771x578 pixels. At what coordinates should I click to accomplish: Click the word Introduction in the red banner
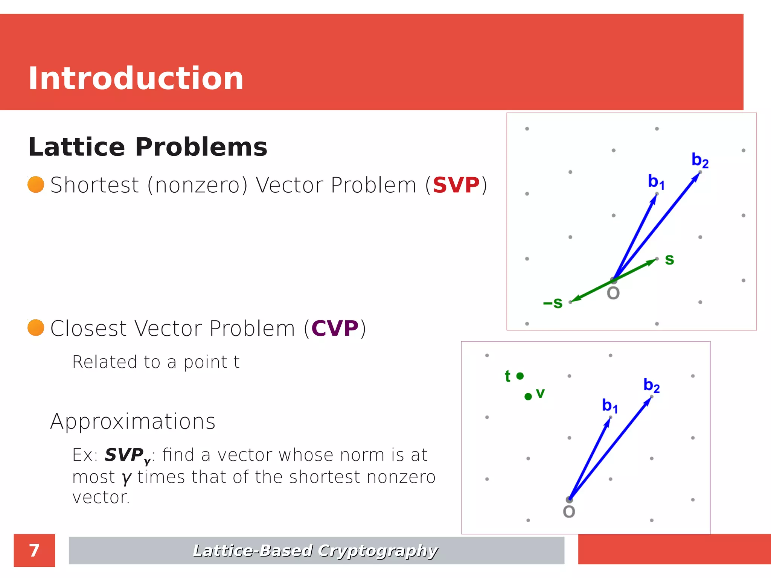point(136,78)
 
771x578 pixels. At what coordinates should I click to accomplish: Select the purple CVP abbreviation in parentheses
point(335,328)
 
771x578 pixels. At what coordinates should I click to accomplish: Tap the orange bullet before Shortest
point(36,184)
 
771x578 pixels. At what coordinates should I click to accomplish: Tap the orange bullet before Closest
point(36,327)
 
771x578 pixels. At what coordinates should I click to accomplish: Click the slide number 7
point(34,550)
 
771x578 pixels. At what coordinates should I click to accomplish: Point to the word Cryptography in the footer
point(378,551)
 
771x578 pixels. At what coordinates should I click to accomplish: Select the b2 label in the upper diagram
point(700,160)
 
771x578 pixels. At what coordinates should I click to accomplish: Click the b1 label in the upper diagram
point(656,182)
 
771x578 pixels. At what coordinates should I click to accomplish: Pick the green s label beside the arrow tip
point(669,259)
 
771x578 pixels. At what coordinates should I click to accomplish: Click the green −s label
point(553,303)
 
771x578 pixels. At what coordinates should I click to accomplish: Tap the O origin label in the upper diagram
point(613,293)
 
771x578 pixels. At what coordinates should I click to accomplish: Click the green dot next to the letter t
point(520,376)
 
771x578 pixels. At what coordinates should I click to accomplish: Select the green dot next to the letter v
point(528,396)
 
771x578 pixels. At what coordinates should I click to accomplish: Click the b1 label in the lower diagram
point(609,406)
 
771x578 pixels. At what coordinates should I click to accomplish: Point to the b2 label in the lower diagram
point(651,385)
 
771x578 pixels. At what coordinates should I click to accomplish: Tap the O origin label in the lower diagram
point(569,512)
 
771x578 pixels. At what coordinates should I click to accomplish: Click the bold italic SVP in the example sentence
point(124,455)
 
